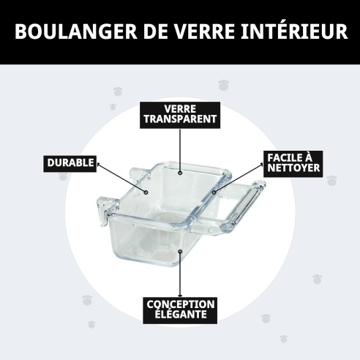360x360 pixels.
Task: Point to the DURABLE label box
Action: [70, 162]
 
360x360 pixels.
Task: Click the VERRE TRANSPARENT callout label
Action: [180, 113]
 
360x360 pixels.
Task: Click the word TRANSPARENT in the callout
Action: [180, 119]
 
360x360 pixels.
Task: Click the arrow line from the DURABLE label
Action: [121, 178]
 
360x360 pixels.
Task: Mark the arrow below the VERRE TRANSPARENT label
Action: [180, 150]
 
